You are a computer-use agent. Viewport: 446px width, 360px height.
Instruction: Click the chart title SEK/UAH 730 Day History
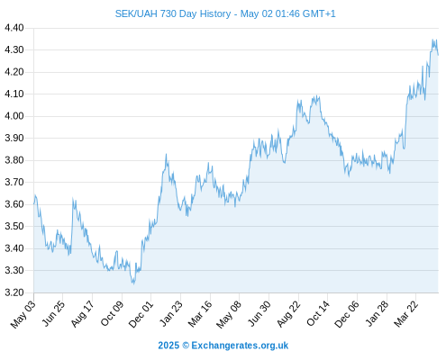coord(173,13)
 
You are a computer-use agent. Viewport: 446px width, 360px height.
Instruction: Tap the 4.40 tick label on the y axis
coord(14,28)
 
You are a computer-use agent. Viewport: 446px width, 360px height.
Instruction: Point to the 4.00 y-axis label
coord(14,116)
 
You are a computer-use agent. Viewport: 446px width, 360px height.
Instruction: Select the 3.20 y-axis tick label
coord(14,292)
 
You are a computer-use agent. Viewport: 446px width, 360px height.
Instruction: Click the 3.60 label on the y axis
coord(14,204)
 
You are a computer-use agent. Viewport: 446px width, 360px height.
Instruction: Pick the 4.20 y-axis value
coord(14,72)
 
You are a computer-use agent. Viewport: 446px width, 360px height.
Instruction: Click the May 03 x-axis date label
coord(23,314)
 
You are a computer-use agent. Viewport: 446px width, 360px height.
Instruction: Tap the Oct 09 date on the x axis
coord(112,314)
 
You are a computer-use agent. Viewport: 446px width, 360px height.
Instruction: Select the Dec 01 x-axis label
coord(141,314)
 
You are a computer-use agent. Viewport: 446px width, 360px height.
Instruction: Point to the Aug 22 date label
coord(288,314)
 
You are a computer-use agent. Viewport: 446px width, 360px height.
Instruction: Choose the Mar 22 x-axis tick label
coord(405,314)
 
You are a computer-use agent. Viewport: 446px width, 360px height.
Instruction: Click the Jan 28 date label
coord(377,314)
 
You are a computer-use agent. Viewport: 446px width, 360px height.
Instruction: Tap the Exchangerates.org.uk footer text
coord(240,346)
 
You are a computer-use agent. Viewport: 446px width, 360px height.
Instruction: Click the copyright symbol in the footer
coord(186,346)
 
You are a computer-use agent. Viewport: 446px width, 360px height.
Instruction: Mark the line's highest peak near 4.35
coord(432,40)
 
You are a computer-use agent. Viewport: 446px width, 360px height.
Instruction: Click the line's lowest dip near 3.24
coord(133,283)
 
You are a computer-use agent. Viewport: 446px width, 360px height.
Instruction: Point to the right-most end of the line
coord(438,55)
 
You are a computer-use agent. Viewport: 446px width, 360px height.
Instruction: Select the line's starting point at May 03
coord(34,204)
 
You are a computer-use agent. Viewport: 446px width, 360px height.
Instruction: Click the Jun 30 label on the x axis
coord(259,314)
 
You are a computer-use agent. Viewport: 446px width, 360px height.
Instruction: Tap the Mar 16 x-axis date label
coord(200,314)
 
